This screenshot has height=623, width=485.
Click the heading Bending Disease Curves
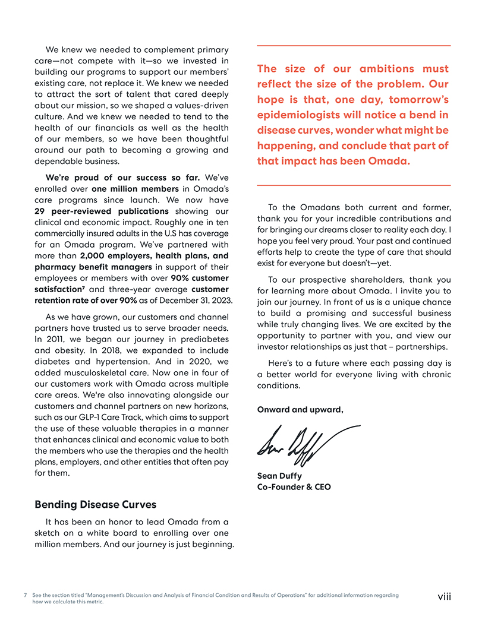coord(95,505)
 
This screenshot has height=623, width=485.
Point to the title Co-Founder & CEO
coord(294,487)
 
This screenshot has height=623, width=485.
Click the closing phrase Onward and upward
coord(300,409)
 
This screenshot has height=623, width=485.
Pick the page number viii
coord(445,596)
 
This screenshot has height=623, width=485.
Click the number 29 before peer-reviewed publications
coord(40,211)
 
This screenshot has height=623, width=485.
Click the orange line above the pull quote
coord(354,46)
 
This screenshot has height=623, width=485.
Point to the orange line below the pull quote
coord(354,186)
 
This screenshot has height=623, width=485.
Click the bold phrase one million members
coord(124,188)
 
